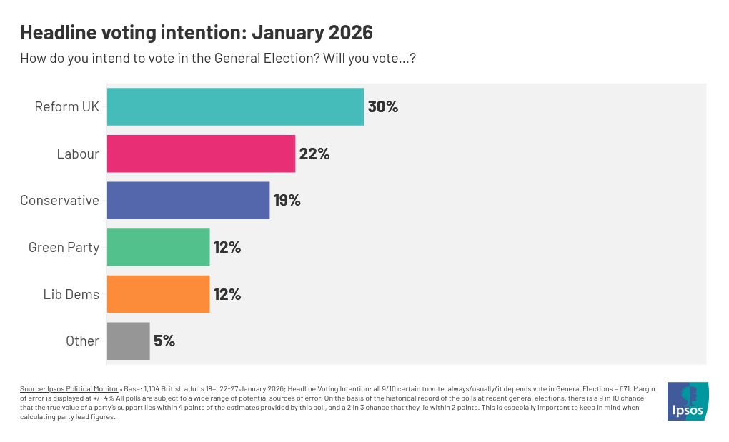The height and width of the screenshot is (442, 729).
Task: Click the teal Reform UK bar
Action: pos(235,106)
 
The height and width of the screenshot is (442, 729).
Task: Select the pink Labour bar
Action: pos(201,154)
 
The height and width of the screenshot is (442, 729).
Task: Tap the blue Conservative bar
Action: pos(188,201)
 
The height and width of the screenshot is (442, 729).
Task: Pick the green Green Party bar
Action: pos(158,247)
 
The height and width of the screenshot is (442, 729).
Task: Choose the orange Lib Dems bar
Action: pos(158,294)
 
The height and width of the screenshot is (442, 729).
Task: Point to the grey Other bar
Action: pos(128,341)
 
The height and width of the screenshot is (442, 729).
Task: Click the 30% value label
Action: pos(382,107)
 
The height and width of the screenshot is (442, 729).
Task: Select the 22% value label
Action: pos(314,154)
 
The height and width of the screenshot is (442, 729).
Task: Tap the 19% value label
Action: pos(287,201)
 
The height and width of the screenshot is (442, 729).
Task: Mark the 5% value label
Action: pos(164,341)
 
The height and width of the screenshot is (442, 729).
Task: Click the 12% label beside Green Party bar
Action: pos(227,248)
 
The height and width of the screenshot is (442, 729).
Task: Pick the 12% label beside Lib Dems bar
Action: pos(227,294)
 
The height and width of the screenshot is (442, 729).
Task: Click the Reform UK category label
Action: pos(66,107)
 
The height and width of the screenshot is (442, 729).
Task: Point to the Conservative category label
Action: pos(59,201)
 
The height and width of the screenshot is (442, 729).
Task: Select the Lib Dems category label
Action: pos(71,294)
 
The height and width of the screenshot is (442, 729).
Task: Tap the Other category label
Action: pos(82,341)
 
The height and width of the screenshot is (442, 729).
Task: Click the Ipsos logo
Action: pos(688,401)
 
